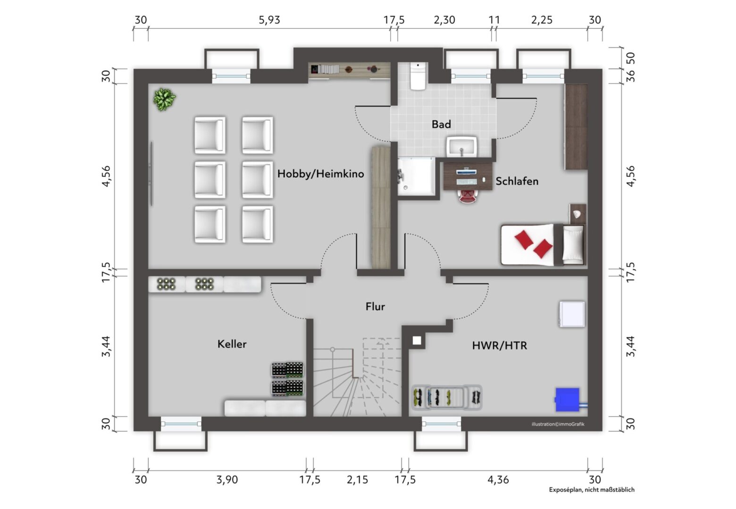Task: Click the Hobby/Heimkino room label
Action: click(x=320, y=173)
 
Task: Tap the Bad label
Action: click(x=441, y=124)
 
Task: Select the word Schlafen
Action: click(x=517, y=181)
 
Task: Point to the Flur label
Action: click(x=375, y=306)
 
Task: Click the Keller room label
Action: click(x=232, y=344)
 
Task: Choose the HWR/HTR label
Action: click(x=500, y=345)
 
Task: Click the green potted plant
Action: click(x=164, y=99)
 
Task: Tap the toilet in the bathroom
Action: click(x=418, y=76)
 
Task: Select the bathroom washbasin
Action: click(x=461, y=147)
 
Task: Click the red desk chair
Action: click(x=468, y=196)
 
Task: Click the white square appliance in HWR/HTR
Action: click(x=572, y=314)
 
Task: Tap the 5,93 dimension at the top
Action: click(x=269, y=20)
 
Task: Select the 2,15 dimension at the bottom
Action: click(x=358, y=480)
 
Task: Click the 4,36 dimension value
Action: click(x=498, y=480)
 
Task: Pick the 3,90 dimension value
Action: click(x=227, y=480)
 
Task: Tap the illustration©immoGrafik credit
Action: click(x=558, y=424)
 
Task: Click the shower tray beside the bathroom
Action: click(x=416, y=177)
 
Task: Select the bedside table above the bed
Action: click(x=578, y=214)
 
